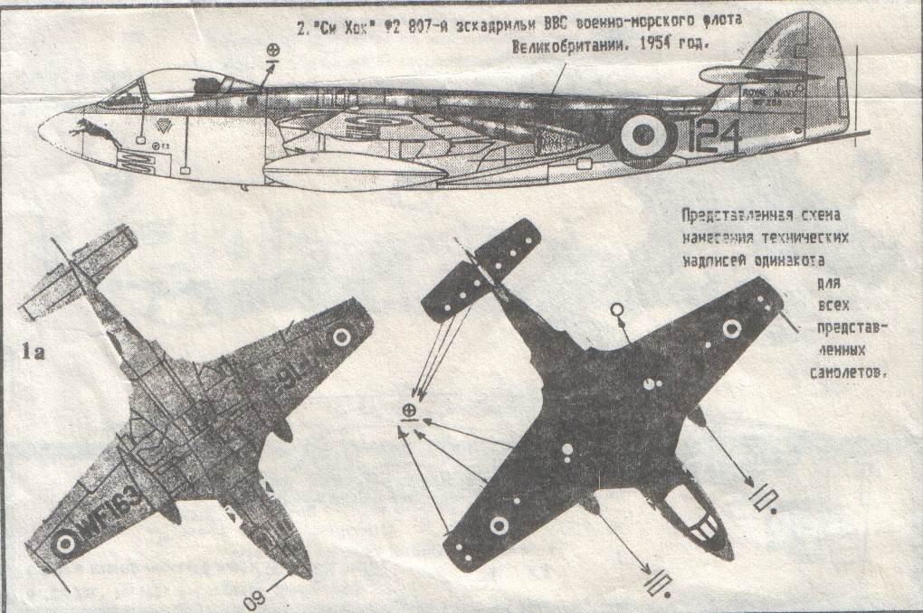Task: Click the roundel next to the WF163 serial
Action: click(x=64, y=542)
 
